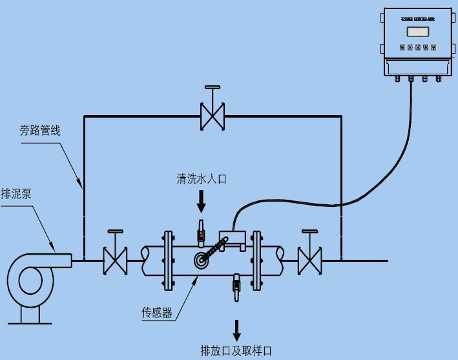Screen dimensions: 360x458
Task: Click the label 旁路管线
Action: [39, 131]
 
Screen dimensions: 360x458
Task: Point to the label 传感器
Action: [157, 313]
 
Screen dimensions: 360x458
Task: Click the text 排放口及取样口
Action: [236, 351]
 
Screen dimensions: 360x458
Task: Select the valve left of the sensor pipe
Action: [115, 260]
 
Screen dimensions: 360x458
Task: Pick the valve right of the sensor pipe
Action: [309, 260]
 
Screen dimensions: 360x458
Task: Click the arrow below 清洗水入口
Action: [202, 202]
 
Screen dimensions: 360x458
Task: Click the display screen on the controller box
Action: [417, 30]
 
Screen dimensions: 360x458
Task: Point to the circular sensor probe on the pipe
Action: [202, 260]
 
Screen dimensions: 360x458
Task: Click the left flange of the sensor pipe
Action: [169, 260]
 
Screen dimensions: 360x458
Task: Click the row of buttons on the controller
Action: [417, 47]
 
